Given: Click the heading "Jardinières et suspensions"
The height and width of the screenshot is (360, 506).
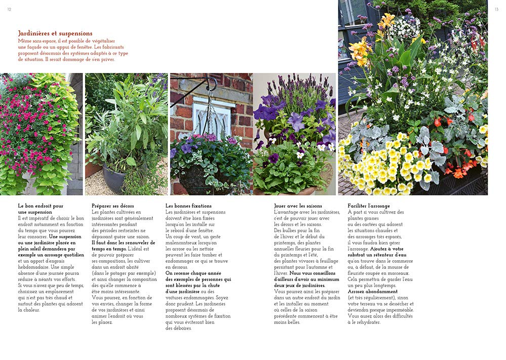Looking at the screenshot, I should (x=55, y=33).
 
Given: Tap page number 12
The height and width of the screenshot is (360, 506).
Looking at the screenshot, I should (x=9, y=9).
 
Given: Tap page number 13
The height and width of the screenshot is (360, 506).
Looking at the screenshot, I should (x=496, y=9).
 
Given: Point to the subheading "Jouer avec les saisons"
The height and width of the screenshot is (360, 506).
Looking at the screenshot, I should (x=298, y=206).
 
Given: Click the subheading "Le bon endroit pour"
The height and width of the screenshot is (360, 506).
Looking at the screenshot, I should (x=40, y=206).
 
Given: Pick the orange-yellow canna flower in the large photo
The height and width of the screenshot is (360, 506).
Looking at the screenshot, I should (x=360, y=51).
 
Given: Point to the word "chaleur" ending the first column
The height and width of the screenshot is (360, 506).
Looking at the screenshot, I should (x=28, y=310).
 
